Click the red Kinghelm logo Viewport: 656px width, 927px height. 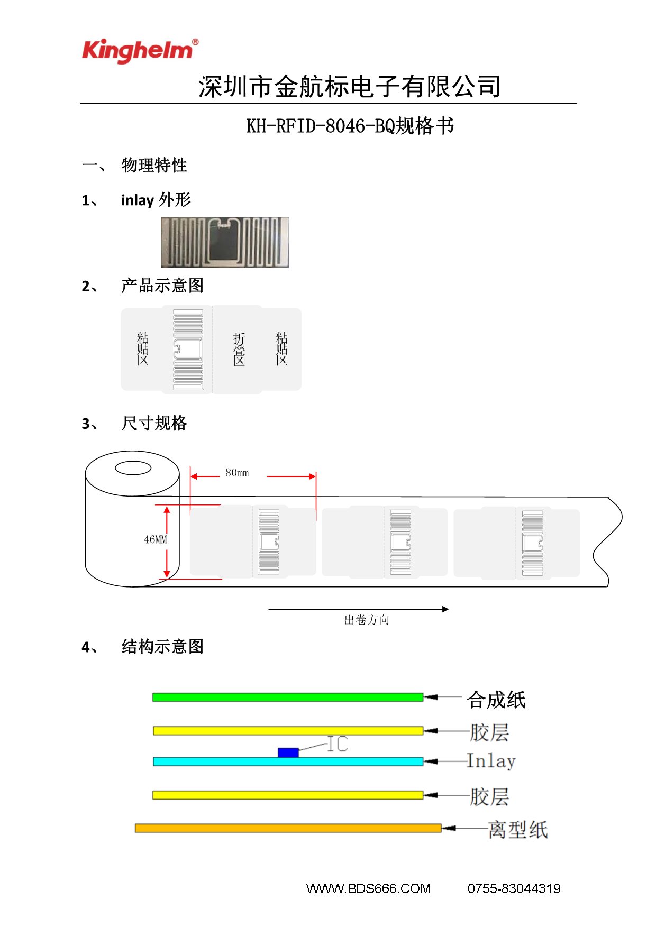click(x=140, y=51)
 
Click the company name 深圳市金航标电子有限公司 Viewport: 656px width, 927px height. click(x=350, y=86)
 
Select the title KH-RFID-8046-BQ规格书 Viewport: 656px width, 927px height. click(x=350, y=126)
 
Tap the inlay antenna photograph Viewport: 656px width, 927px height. click(x=225, y=242)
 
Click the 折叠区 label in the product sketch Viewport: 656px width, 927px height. click(x=239, y=349)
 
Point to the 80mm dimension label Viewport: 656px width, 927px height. click(x=237, y=473)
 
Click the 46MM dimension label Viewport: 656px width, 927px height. click(x=156, y=539)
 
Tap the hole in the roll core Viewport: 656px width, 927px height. click(x=133, y=468)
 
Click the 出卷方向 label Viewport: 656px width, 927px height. click(x=367, y=620)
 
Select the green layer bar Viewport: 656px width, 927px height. click(x=288, y=697)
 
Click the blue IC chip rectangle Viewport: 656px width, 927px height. click(x=288, y=752)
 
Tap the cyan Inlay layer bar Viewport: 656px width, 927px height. click(x=288, y=761)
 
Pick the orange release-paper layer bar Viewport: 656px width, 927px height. click(x=288, y=828)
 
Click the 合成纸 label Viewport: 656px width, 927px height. click(x=496, y=700)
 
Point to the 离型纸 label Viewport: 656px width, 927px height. click(x=518, y=829)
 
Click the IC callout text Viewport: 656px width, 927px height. click(x=338, y=744)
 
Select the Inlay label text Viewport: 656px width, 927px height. click(x=491, y=761)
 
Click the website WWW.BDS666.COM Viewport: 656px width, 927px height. click(x=369, y=888)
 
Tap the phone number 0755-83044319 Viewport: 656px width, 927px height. click(x=514, y=888)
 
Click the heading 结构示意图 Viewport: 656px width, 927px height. click(x=163, y=646)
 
